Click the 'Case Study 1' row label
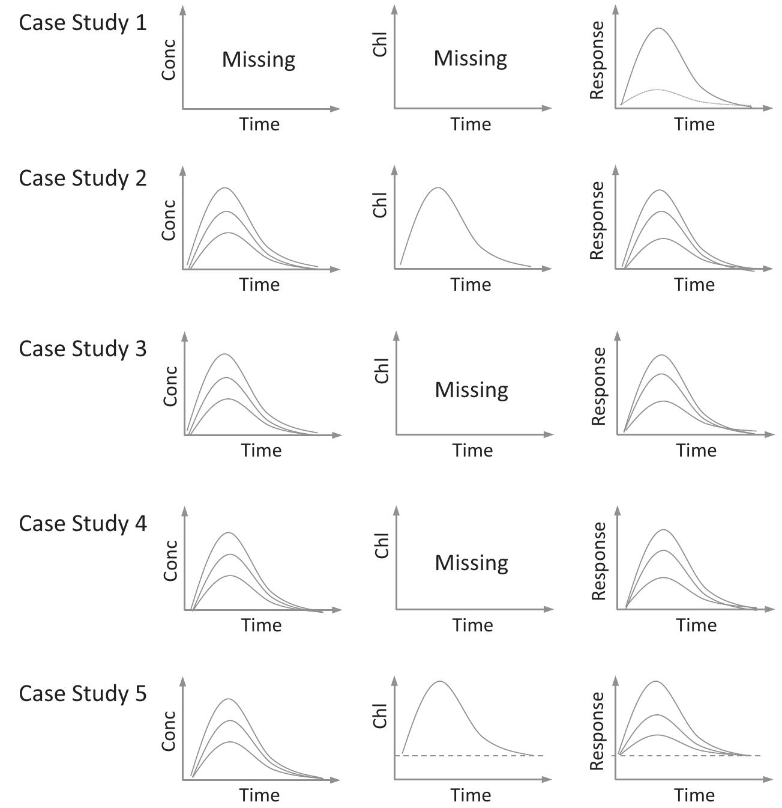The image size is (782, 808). [83, 23]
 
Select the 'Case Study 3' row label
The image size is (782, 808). [83, 348]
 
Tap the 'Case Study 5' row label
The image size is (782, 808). [83, 693]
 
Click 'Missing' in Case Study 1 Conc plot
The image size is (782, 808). [259, 59]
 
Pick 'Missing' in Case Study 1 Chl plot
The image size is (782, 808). [471, 58]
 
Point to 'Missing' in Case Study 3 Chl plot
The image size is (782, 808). [472, 390]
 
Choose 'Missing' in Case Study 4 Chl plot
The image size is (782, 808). [472, 563]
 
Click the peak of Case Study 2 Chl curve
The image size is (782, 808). [438, 187]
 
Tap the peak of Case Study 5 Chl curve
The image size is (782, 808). [440, 681]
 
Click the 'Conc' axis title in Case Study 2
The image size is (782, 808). [169, 220]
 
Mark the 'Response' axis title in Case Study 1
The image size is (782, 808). [597, 60]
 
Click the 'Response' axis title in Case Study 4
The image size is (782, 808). [598, 560]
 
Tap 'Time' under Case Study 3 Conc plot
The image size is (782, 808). [261, 451]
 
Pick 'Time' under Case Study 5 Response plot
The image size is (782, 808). [694, 795]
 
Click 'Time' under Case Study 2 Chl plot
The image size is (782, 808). [471, 284]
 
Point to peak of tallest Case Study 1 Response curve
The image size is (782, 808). [659, 28]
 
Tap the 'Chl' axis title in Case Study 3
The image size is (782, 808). [382, 370]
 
